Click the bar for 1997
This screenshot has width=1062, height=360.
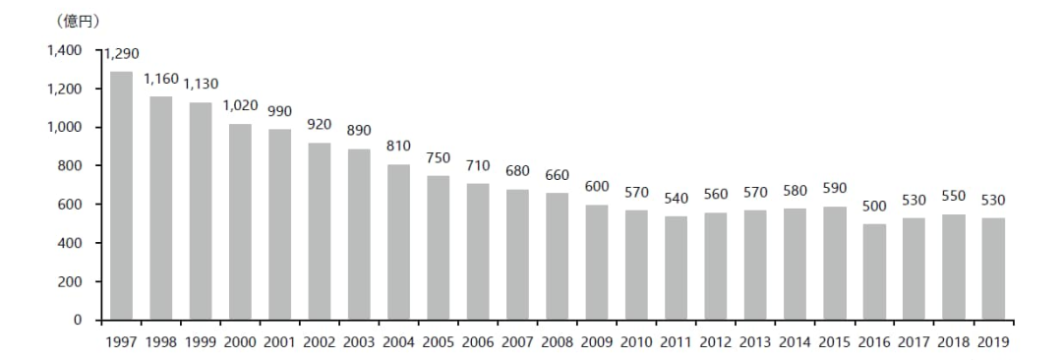(121, 196)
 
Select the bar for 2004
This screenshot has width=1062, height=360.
(398, 242)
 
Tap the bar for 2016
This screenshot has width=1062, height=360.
(874, 271)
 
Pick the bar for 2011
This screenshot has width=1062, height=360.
(676, 269)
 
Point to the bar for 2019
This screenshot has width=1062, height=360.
(992, 270)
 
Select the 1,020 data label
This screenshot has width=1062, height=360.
(241, 105)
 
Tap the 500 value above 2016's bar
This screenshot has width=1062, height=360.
(874, 207)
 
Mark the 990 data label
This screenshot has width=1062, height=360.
(279, 111)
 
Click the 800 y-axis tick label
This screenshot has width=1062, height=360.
(71, 165)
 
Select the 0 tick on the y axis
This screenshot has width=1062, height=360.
(78, 320)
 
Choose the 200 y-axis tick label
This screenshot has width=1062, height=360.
(71, 281)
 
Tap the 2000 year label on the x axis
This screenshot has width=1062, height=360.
(241, 341)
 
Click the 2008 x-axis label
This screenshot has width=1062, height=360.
(557, 341)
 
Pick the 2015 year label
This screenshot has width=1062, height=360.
(834, 341)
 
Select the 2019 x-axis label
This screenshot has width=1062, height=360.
(992, 341)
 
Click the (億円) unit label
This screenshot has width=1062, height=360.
(76, 22)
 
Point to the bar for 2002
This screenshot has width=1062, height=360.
(320, 231)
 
